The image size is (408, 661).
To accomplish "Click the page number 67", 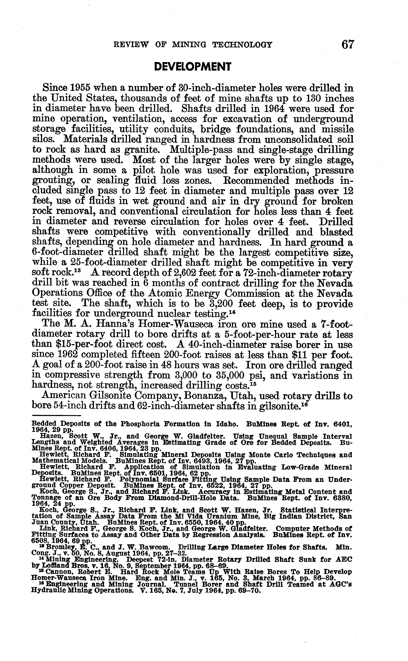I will (347, 45).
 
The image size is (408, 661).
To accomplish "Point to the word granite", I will (145, 150).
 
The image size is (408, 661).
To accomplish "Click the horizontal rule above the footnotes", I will (56, 416).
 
